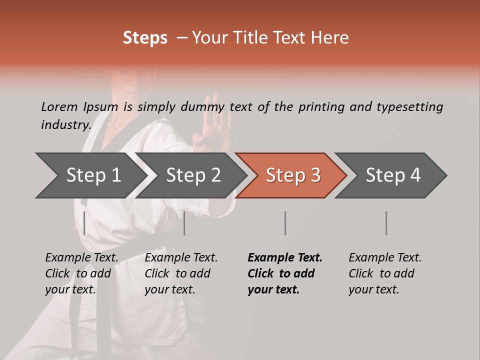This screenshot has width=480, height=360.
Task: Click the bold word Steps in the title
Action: (145, 38)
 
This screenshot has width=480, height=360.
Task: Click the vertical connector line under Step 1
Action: (84, 223)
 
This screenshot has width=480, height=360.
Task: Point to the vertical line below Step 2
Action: (184, 223)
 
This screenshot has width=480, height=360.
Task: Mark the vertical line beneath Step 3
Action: (285, 223)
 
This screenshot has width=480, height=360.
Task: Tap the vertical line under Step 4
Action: (386, 223)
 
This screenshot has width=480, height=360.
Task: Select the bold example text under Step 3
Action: (285, 273)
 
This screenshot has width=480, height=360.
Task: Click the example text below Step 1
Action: (81, 273)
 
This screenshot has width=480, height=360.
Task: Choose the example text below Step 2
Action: (181, 273)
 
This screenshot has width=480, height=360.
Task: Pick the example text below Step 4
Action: (385, 273)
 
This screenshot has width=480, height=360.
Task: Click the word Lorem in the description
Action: (59, 106)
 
